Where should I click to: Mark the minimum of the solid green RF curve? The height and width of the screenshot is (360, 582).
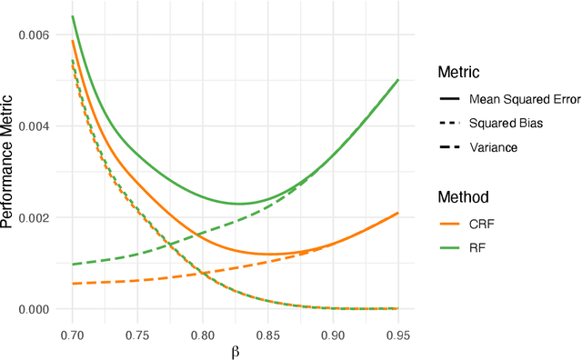[239, 204]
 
